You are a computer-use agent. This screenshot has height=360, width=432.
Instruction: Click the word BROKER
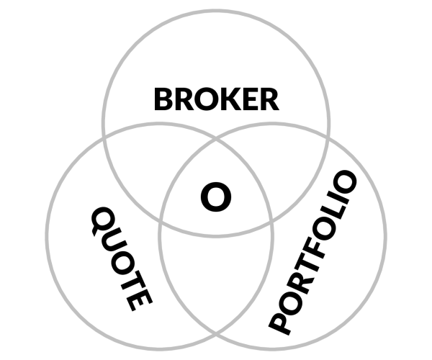[217, 99]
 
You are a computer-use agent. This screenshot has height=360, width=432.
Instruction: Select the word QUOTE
[122, 259]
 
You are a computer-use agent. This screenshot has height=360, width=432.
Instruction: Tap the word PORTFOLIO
[312, 253]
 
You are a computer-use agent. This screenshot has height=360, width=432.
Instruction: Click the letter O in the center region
[216, 197]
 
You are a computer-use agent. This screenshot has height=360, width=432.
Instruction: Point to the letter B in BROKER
[163, 99]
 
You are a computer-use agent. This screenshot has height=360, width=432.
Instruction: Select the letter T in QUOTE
[132, 280]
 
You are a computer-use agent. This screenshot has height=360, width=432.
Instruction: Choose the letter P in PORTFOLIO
[280, 323]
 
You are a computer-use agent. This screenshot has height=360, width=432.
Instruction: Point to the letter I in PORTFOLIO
[338, 202]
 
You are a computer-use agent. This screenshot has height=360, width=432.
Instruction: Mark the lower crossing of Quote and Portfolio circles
[216, 334]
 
